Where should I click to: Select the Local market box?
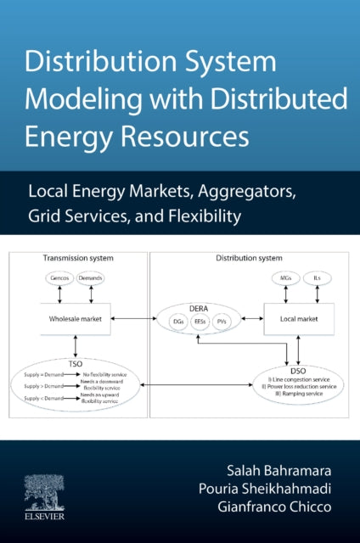[300, 319]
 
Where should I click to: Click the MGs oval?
[286, 277]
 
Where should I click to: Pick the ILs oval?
[318, 277]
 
